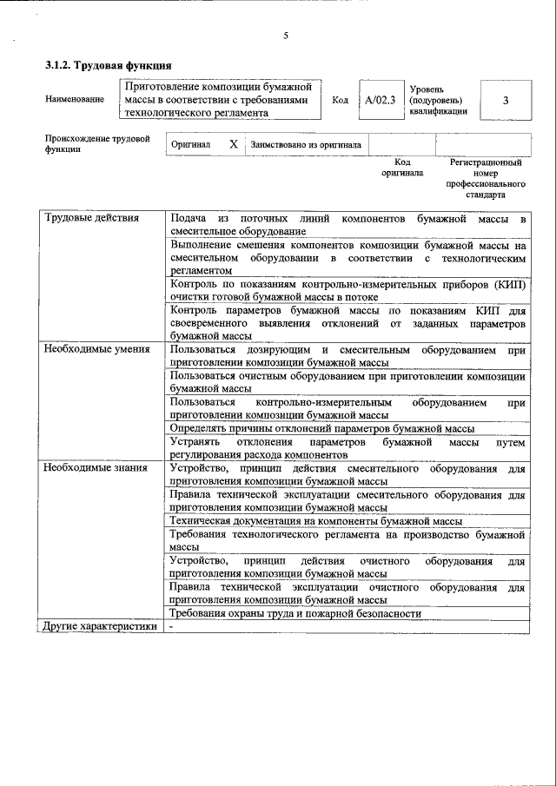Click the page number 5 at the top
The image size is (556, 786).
285,36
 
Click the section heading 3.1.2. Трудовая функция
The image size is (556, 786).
108,66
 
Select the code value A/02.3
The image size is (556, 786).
381,100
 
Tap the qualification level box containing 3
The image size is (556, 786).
506,100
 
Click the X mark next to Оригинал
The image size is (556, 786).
233,144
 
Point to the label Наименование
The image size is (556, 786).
75,100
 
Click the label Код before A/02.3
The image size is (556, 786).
341,100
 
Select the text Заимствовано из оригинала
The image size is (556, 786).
306,144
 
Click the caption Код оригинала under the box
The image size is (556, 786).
402,168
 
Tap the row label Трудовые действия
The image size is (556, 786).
92,218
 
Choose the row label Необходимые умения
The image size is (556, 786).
97,349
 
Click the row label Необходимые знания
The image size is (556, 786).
96,468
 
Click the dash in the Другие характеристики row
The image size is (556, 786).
173,625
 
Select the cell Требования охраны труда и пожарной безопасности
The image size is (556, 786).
295,613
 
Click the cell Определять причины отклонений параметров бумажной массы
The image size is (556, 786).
322,428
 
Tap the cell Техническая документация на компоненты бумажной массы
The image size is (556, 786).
315,520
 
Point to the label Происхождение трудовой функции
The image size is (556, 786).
97,144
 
